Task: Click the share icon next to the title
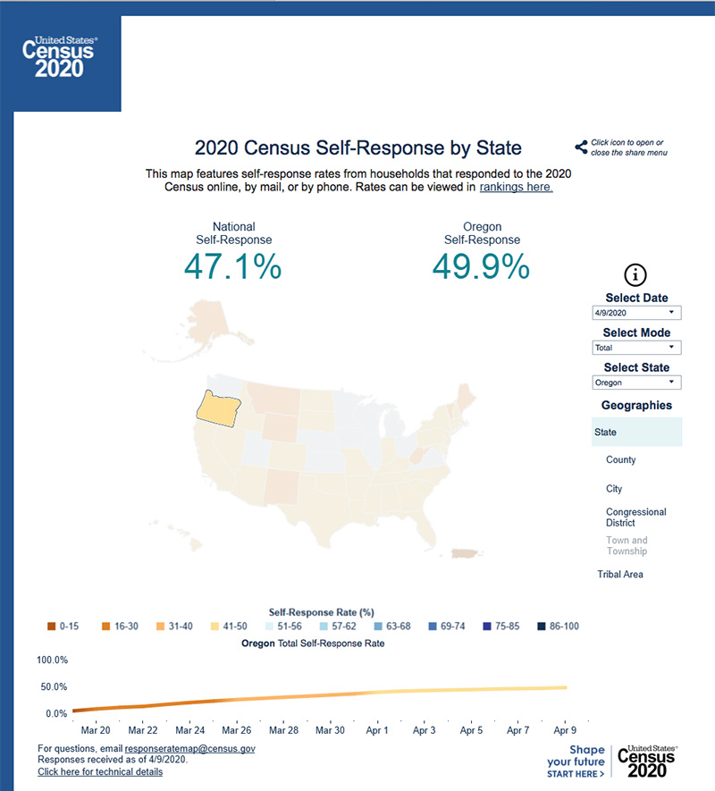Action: click(581, 147)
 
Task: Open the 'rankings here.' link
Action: click(517, 187)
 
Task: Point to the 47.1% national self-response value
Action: click(233, 266)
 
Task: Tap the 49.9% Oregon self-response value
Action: click(481, 266)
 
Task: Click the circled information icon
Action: click(635, 275)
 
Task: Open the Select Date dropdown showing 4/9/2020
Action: click(636, 313)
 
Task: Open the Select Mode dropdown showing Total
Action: click(636, 348)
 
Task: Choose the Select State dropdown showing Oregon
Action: click(636, 383)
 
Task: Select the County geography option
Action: click(621, 459)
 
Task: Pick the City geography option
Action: click(614, 489)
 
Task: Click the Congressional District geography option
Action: click(635, 518)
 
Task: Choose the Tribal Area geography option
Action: click(620, 574)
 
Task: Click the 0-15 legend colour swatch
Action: click(51, 627)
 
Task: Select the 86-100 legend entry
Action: click(542, 627)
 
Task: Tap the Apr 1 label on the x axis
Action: click(377, 730)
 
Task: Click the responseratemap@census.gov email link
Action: click(190, 748)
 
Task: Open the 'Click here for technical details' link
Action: click(100, 771)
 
